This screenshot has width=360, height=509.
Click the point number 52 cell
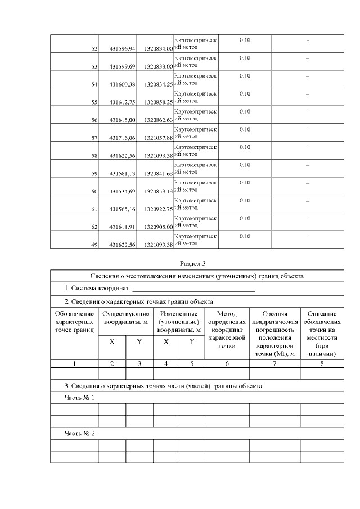tap(95, 49)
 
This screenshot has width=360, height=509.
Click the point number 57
tap(95, 138)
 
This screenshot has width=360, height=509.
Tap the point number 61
tap(95, 210)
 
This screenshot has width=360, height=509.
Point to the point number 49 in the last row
tap(95, 245)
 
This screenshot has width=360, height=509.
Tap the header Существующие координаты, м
tap(125, 317)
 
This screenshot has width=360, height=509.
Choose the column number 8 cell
tap(322, 363)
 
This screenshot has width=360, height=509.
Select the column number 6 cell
tap(227, 363)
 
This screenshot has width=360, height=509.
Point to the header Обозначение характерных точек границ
tap(75, 321)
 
